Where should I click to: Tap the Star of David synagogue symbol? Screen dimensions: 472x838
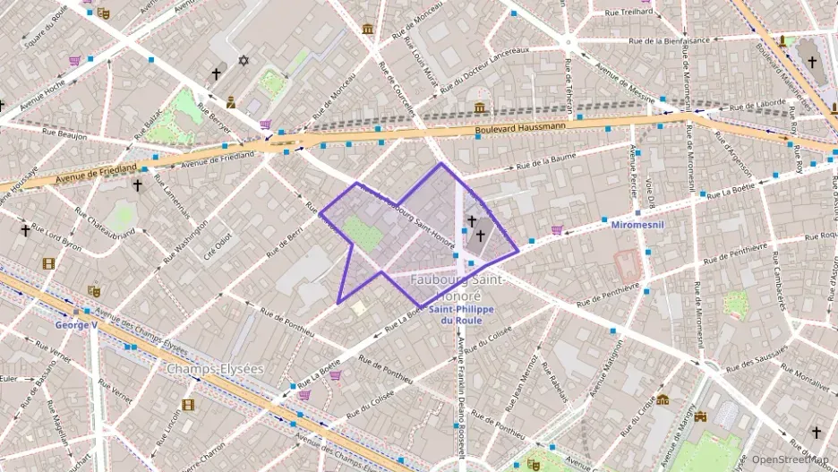pos(243,61)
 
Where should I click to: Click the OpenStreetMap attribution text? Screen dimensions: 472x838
pos(791,459)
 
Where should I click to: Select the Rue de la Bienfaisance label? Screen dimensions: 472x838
pos(669,40)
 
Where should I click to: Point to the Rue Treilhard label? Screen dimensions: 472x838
pos(628,12)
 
